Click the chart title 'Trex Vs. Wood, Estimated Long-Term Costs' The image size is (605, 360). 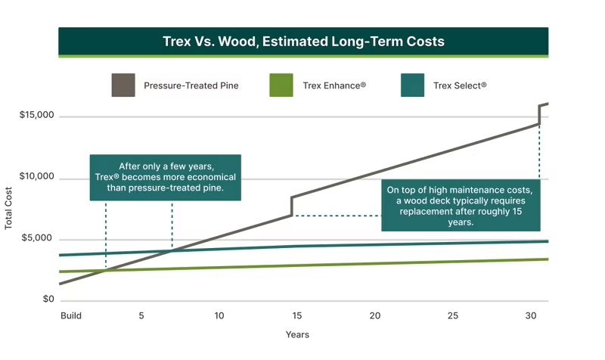(303, 41)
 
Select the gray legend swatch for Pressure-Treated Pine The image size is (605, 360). (123, 85)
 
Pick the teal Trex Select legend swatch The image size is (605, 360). (412, 85)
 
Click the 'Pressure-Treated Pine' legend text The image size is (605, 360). (191, 85)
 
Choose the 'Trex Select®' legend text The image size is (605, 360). (460, 85)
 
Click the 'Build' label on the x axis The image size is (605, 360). (70, 315)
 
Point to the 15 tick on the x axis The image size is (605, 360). (296, 315)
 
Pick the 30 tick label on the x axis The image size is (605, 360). (530, 315)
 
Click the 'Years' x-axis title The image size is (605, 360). (297, 334)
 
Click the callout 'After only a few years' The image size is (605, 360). (166, 178)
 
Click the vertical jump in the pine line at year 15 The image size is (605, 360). (291, 206)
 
